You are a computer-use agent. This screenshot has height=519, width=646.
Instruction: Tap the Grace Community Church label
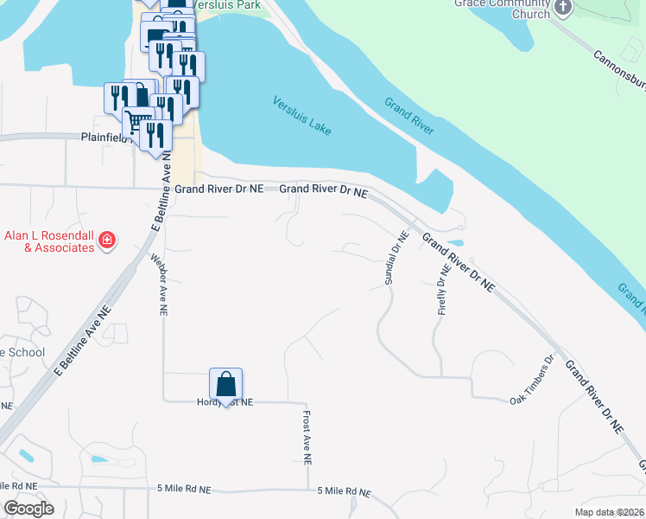coord(502,9)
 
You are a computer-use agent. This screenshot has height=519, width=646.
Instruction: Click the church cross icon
coord(563,9)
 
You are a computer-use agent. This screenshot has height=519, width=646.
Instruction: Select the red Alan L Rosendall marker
coord(107,240)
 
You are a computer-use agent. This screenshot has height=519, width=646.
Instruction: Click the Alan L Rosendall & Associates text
coord(48,241)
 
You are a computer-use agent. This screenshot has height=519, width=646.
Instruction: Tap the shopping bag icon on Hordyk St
coord(225,383)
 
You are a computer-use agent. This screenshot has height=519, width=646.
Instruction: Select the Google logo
coord(28,509)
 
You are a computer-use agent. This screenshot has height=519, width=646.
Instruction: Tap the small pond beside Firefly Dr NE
coord(454,243)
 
